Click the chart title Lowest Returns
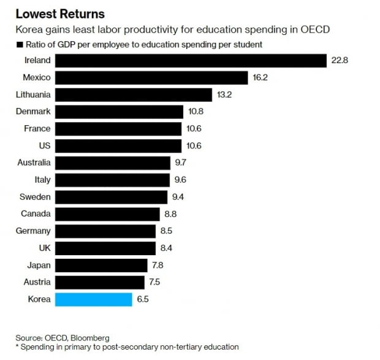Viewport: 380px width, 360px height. pyautogui.click(x=60, y=13)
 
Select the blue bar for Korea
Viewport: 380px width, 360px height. pyautogui.click(x=93, y=299)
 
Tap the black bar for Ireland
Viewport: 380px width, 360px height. pyautogui.click(x=191, y=60)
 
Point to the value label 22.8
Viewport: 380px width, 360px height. pyautogui.click(x=340, y=60)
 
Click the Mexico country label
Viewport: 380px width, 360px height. pyautogui.click(x=36, y=77)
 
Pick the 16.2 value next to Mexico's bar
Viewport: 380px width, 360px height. pyautogui.click(x=260, y=77)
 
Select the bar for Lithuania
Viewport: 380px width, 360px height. pyautogui.click(x=134, y=94)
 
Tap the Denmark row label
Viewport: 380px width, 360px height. pyautogui.click(x=34, y=112)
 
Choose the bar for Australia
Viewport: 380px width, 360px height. pyautogui.click(x=113, y=163)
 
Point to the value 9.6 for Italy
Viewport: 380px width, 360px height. pyautogui.click(x=180, y=180)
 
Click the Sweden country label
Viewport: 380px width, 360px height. pyautogui.click(x=35, y=197)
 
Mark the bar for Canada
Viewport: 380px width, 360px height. pyautogui.click(x=107, y=214)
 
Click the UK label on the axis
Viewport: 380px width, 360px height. pyautogui.click(x=44, y=248)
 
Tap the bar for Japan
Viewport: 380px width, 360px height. pyautogui.click(x=102, y=265)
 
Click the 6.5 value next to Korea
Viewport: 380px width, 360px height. pyautogui.click(x=142, y=299)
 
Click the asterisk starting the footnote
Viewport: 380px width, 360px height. pyautogui.click(x=18, y=346)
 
